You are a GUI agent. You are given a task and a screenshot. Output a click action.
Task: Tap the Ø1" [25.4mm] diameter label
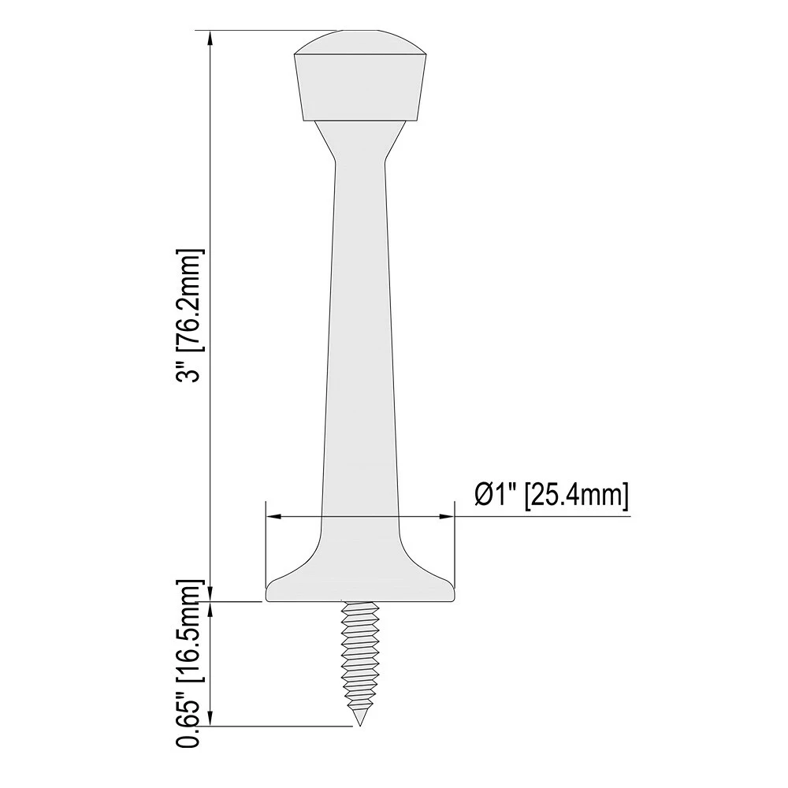[552, 496]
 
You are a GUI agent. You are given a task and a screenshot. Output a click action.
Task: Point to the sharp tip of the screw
[360, 725]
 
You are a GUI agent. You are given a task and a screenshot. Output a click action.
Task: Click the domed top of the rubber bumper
[360, 43]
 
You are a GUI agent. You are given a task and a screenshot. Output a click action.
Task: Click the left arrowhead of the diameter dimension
[274, 516]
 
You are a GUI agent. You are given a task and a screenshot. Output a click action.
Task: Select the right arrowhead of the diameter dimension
[446, 516]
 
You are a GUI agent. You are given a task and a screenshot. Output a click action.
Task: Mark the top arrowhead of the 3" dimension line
[211, 39]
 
